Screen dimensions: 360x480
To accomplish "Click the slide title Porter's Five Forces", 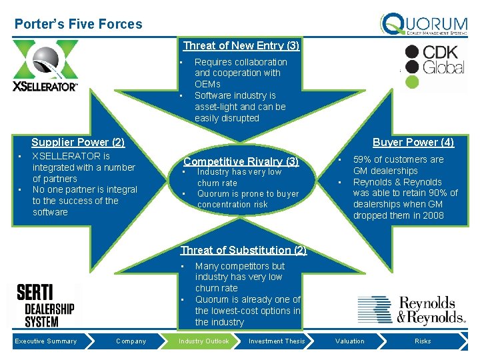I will (x=79, y=24).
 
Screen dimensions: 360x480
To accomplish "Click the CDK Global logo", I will (x=435, y=66).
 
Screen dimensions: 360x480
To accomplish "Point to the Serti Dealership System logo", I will (x=45, y=305).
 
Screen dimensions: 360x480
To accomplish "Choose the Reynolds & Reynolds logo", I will (x=411, y=310).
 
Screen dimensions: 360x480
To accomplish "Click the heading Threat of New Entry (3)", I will (x=241, y=46).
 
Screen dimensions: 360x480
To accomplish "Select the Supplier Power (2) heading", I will (x=78, y=142).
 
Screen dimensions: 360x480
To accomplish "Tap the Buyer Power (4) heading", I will (x=413, y=142).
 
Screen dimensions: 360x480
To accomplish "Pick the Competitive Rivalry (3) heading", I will (x=241, y=161).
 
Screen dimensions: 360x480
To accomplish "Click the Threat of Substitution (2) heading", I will (x=243, y=251).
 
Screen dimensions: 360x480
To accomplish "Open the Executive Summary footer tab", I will (x=46, y=341).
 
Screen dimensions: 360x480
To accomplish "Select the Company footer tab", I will (x=131, y=341).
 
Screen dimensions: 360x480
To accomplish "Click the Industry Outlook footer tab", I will (x=203, y=341).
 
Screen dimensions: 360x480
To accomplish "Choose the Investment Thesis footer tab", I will (x=277, y=341).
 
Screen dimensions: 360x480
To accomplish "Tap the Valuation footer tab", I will (x=350, y=341).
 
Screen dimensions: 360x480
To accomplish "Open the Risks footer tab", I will (x=423, y=341).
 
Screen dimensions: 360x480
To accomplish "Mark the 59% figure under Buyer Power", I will (x=362, y=160).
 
